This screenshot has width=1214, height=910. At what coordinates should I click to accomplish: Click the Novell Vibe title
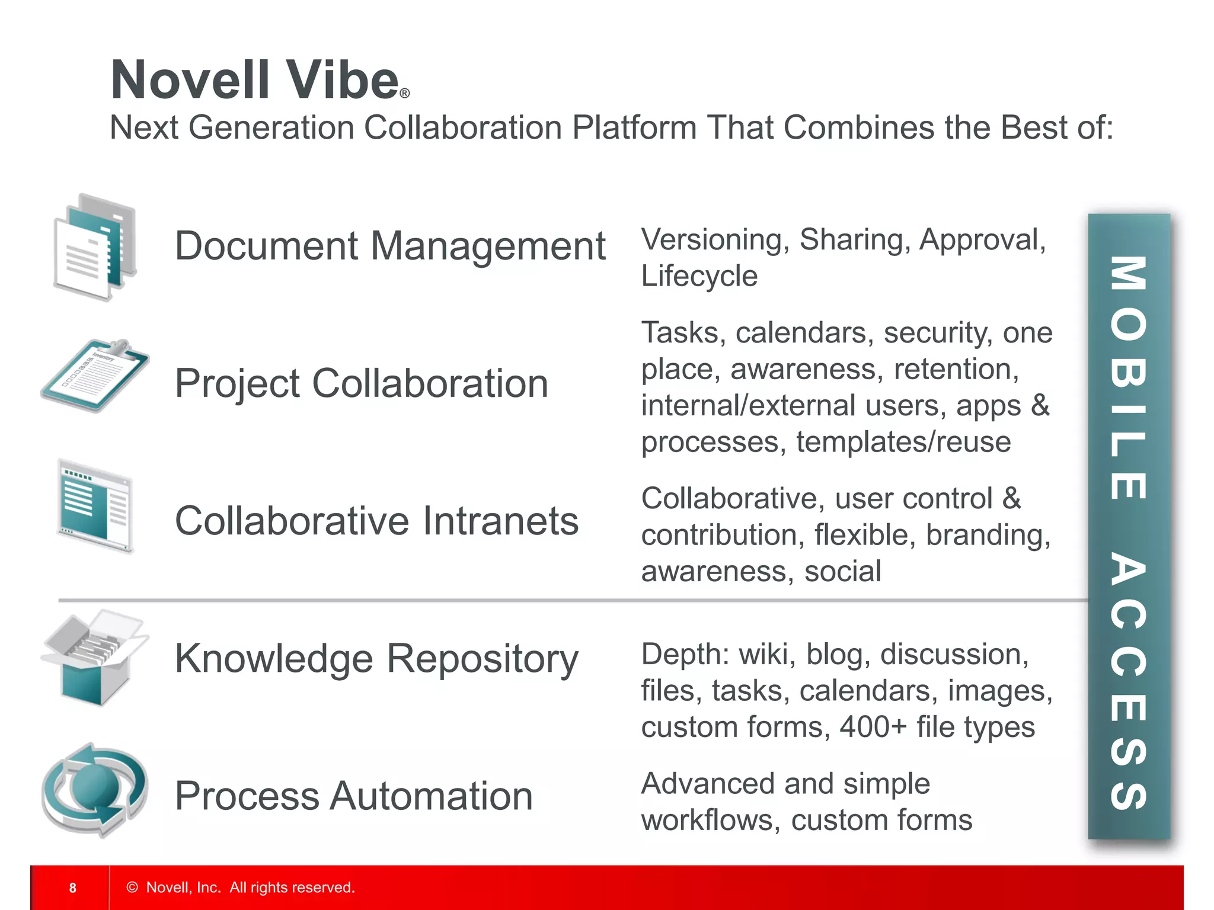tap(255, 80)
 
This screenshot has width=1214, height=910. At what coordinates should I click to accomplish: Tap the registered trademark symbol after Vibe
tap(405, 94)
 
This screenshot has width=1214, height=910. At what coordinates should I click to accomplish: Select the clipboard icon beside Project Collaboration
tap(95, 376)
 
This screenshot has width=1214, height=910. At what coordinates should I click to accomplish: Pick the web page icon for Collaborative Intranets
tap(95, 507)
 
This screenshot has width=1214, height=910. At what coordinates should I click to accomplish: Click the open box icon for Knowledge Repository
tap(95, 658)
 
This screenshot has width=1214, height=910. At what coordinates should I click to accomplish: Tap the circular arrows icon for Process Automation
tap(95, 790)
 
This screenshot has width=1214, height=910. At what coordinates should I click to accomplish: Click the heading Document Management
tap(390, 246)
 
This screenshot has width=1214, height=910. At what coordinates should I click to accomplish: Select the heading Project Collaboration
tap(362, 383)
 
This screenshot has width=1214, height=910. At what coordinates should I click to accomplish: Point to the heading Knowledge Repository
tap(376, 658)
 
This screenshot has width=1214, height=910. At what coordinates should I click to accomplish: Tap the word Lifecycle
tap(699, 276)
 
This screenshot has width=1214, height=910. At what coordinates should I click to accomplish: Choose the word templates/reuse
tap(903, 442)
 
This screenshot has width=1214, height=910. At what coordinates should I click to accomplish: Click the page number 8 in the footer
tap(72, 887)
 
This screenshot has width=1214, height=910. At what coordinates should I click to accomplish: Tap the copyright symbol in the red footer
tap(132, 887)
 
